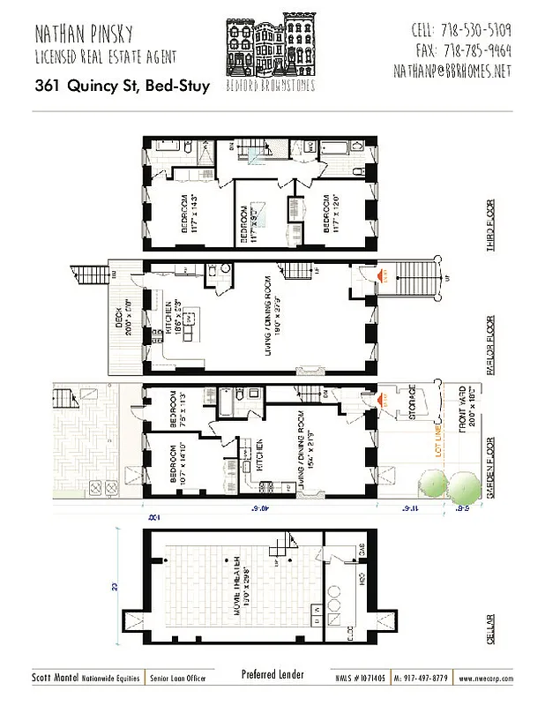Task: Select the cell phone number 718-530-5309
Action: [462, 29]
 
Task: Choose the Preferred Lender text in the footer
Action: [272, 675]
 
